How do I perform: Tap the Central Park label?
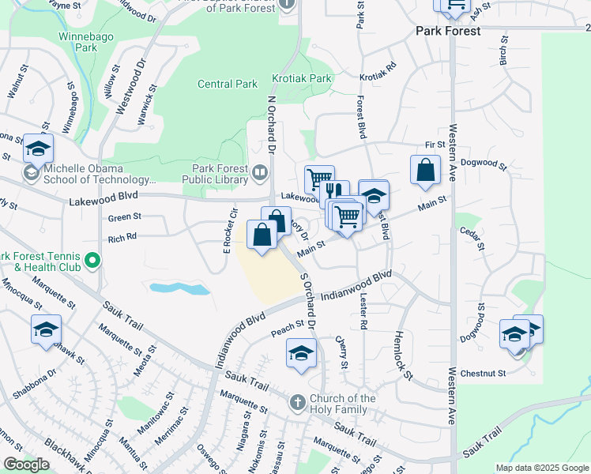[228, 84]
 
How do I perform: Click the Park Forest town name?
[449, 31]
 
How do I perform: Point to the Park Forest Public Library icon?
[260, 171]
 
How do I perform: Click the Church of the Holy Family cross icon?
[298, 402]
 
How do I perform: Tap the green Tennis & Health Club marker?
[92, 259]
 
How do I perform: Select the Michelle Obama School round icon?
[32, 173]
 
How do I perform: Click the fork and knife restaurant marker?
[335, 192]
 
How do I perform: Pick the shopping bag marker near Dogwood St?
[425, 170]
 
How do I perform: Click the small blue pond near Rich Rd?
[179, 288]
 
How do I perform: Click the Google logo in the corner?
[26, 465]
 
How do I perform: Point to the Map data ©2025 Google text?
[543, 468]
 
